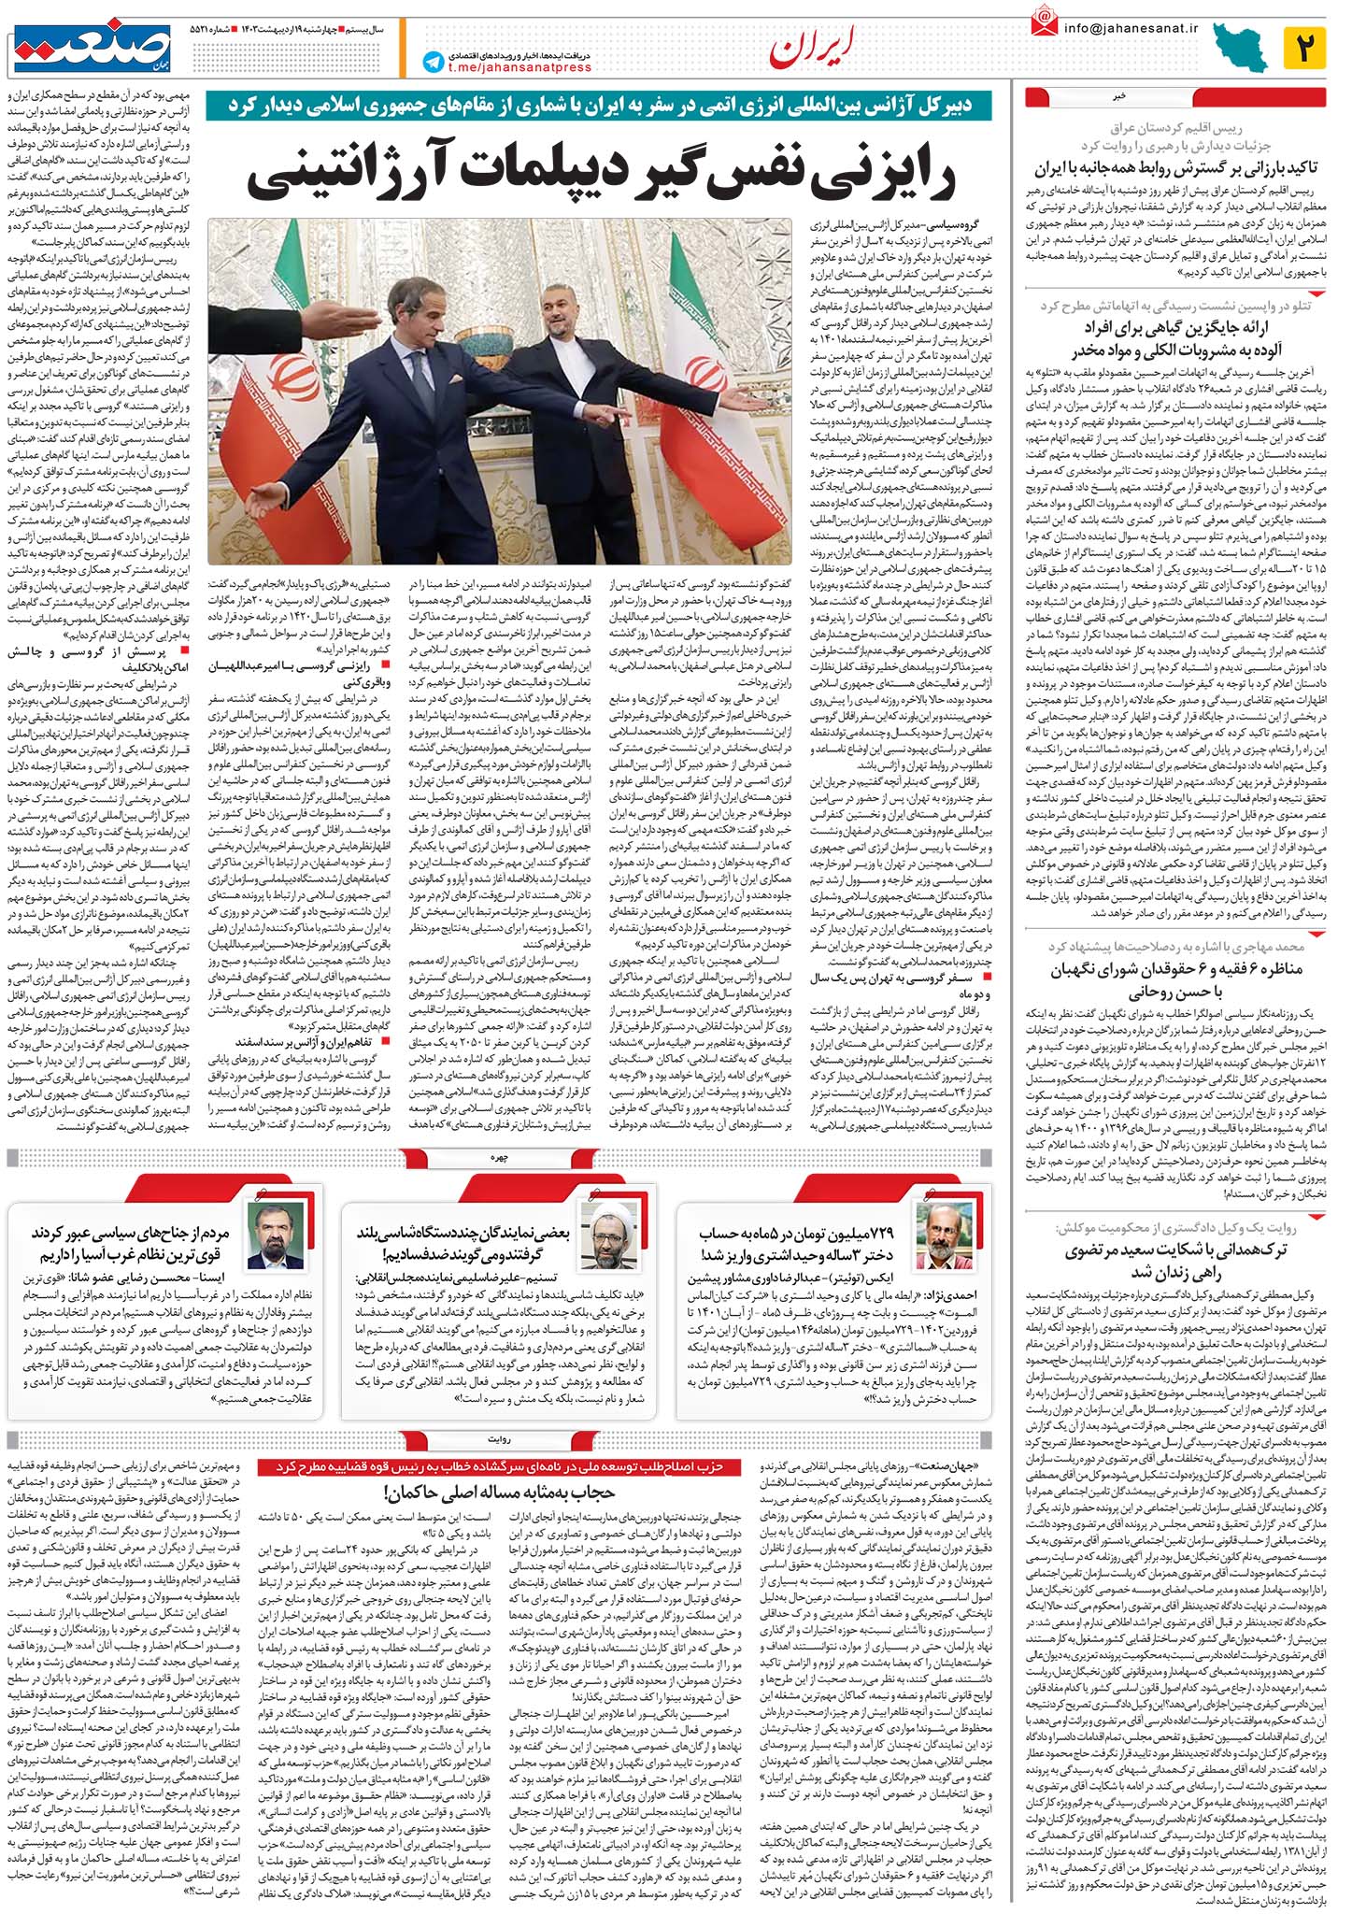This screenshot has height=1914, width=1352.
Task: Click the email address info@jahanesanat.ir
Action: [x=1131, y=26]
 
